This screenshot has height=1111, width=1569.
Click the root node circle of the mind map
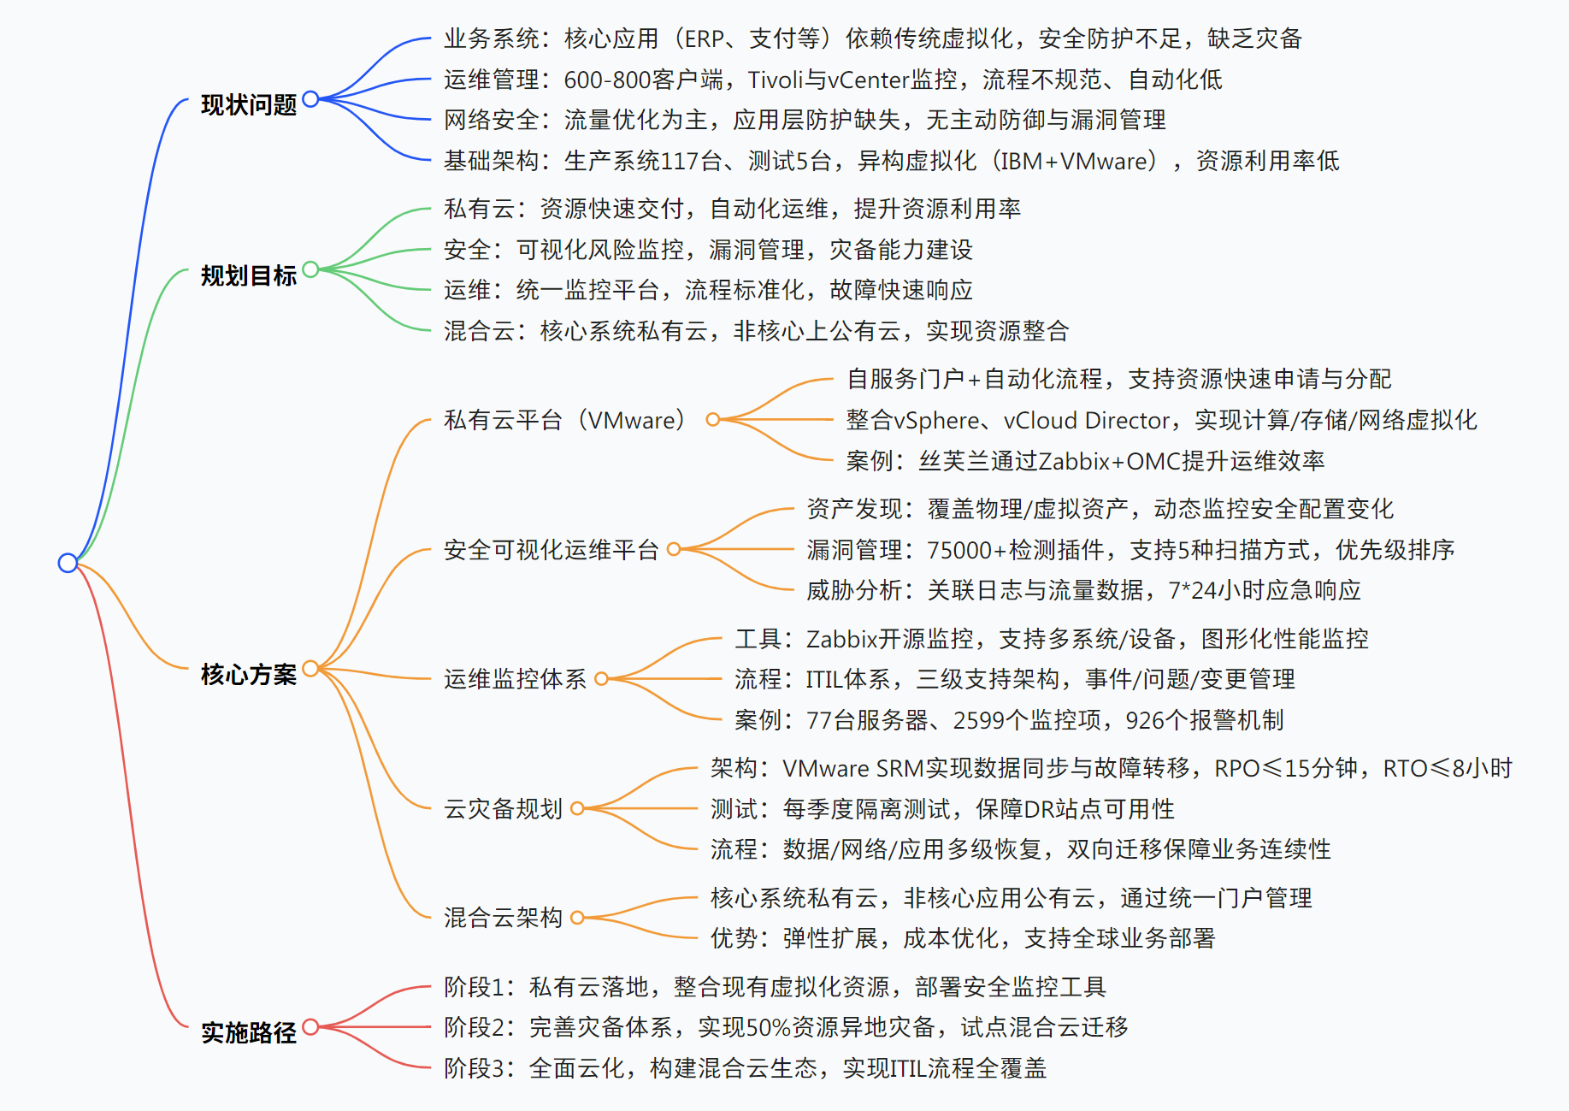coord(68,563)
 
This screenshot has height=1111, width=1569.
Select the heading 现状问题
coord(248,105)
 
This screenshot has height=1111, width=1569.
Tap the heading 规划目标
coord(248,275)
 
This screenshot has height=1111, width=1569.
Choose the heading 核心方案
coord(248,674)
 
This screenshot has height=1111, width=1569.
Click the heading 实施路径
coord(248,1032)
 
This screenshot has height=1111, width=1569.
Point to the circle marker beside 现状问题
coord(310,98)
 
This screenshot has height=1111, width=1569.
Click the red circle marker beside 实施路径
coord(310,1026)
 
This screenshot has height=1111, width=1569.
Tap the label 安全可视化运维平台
coord(551,550)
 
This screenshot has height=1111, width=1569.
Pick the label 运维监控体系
coord(515,679)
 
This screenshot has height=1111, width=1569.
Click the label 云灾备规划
coord(503,809)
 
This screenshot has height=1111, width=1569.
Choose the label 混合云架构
coord(503,918)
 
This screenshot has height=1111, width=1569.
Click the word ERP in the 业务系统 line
coord(705,38)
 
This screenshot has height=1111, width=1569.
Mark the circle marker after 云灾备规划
coord(577,808)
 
